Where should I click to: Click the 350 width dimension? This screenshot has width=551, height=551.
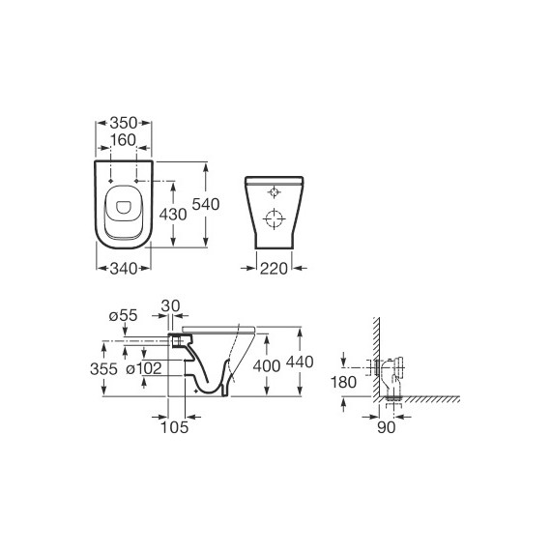tap(124, 123)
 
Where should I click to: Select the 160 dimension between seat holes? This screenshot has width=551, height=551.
tap(123, 140)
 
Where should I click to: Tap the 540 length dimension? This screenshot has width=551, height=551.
tap(206, 204)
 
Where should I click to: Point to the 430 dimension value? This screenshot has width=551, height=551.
tap(173, 215)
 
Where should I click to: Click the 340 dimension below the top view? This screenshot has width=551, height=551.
tap(124, 269)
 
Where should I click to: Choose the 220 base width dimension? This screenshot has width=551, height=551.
tap(274, 269)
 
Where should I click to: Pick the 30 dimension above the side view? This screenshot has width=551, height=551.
tap(170, 306)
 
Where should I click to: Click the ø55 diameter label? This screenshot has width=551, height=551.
tap(123, 315)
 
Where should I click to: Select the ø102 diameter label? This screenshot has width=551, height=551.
tap(144, 368)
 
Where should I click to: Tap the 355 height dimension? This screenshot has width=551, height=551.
tap(103, 369)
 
